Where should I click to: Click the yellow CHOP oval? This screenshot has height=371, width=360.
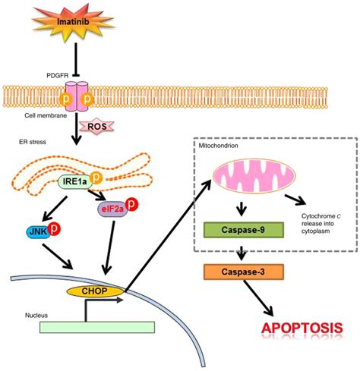click(88, 312)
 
